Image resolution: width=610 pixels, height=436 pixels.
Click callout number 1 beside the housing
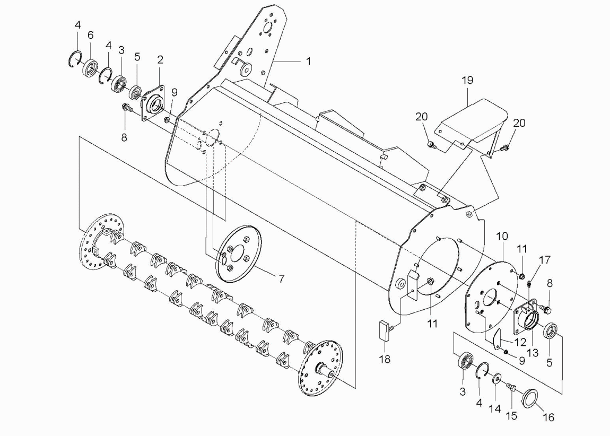tap(309, 62)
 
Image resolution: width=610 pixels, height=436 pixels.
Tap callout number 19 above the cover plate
tap(467, 80)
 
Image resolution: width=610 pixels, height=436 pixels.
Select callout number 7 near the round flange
tap(281, 278)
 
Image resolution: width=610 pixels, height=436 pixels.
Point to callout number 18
tap(385, 359)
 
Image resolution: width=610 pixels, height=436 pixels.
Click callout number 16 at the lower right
tap(548, 417)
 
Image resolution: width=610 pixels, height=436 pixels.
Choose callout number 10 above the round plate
tap(502, 236)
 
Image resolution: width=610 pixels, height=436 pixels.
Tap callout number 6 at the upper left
tap(90, 36)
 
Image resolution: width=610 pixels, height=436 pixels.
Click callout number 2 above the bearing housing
tap(160, 60)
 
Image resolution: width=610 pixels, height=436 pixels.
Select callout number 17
tap(545, 259)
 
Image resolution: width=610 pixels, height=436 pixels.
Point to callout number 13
tap(532, 352)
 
